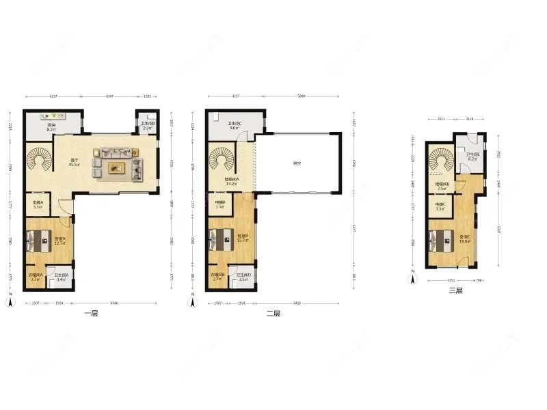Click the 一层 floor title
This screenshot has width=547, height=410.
(91, 314)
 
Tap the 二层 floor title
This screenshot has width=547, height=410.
(273, 314)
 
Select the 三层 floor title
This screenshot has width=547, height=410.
(455, 290)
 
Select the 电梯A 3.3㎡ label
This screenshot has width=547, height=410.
(38, 204)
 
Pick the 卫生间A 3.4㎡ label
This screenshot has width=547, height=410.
(60, 277)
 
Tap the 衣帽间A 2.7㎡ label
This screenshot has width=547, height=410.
(36, 277)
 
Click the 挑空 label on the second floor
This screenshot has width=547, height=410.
(297, 163)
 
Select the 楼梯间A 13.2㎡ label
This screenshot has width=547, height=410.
(231, 182)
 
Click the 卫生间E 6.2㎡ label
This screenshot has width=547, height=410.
(473, 156)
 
